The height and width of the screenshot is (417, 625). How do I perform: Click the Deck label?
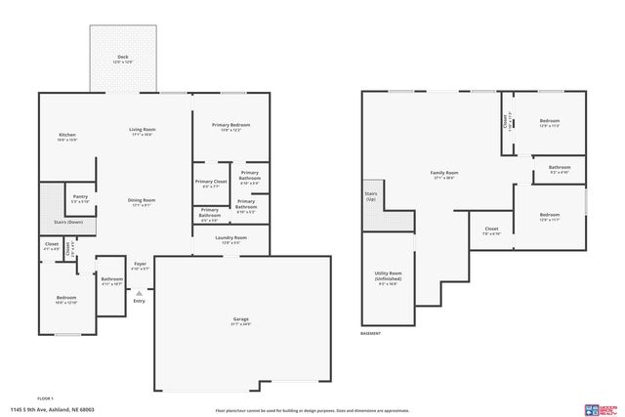(x=123, y=58)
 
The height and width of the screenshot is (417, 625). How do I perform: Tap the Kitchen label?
(x=66, y=135)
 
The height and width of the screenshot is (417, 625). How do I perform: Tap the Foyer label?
(x=140, y=263)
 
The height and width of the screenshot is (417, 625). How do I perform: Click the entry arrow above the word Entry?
(x=139, y=291)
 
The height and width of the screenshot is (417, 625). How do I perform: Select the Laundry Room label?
(x=231, y=237)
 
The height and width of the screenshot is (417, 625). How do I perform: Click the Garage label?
(x=240, y=319)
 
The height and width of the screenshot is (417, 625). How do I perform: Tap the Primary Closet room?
(x=210, y=183)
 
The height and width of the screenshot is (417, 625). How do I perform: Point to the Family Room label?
(x=444, y=173)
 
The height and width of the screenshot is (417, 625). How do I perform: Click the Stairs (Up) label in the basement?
(x=371, y=196)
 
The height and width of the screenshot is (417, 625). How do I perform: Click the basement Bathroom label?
(x=559, y=167)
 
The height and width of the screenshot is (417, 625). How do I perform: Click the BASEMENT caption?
(x=371, y=333)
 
